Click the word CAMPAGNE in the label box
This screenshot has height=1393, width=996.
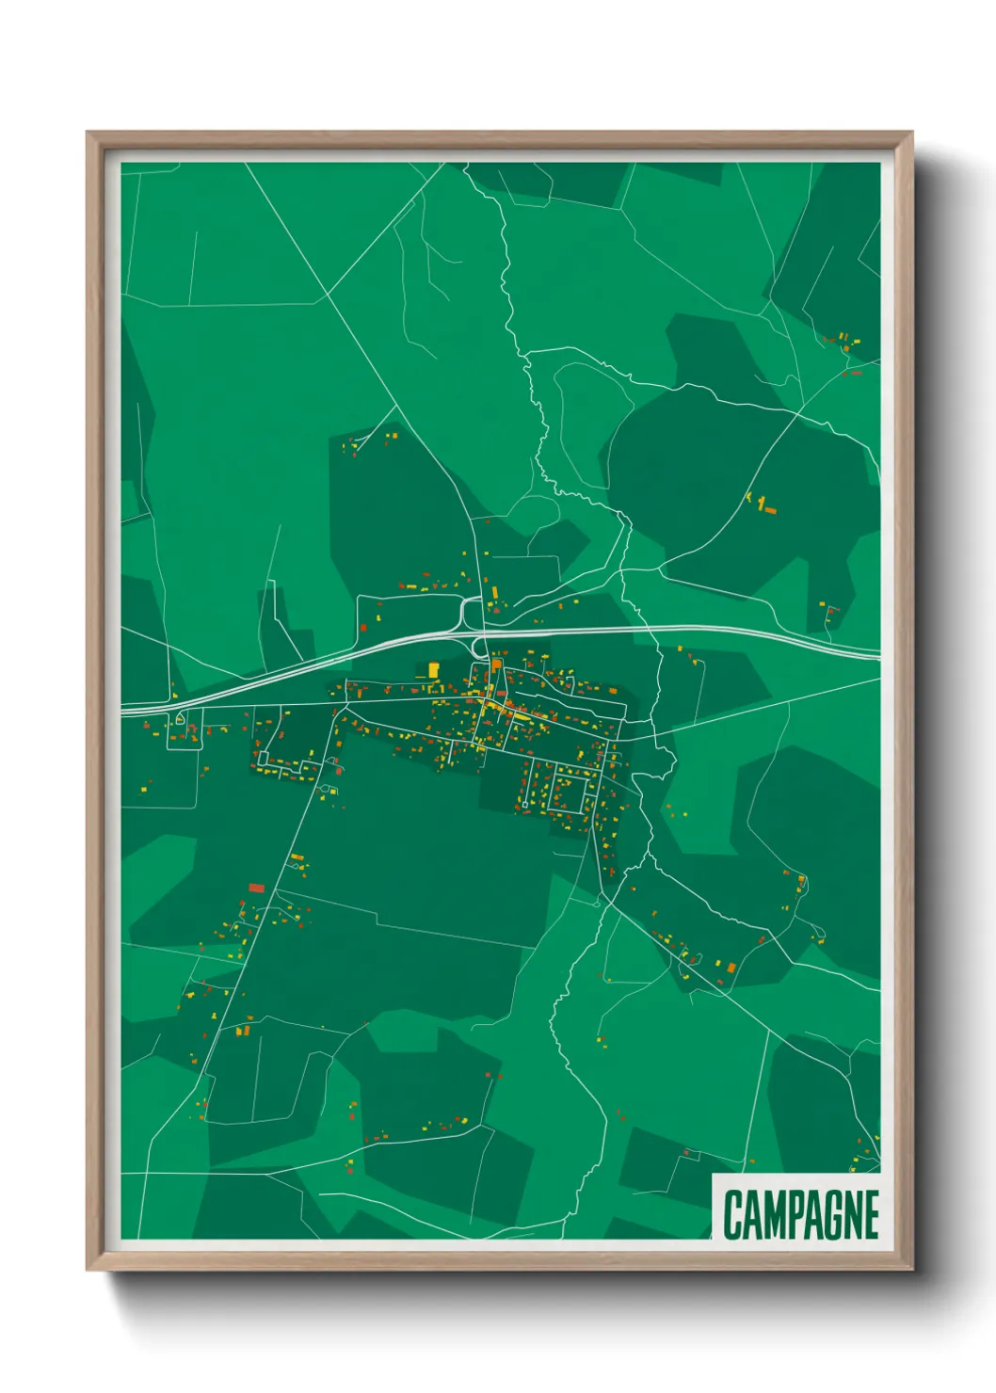tap(800, 1215)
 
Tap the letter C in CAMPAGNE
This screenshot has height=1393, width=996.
tap(733, 1215)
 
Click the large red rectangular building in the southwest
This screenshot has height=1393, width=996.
tap(256, 888)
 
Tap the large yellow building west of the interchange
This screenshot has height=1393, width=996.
tap(434, 669)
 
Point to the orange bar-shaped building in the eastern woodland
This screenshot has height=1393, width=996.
tap(770, 510)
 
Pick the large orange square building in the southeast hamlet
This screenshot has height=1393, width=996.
tap(730, 966)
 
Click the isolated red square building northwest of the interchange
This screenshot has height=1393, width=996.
tap(363, 627)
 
